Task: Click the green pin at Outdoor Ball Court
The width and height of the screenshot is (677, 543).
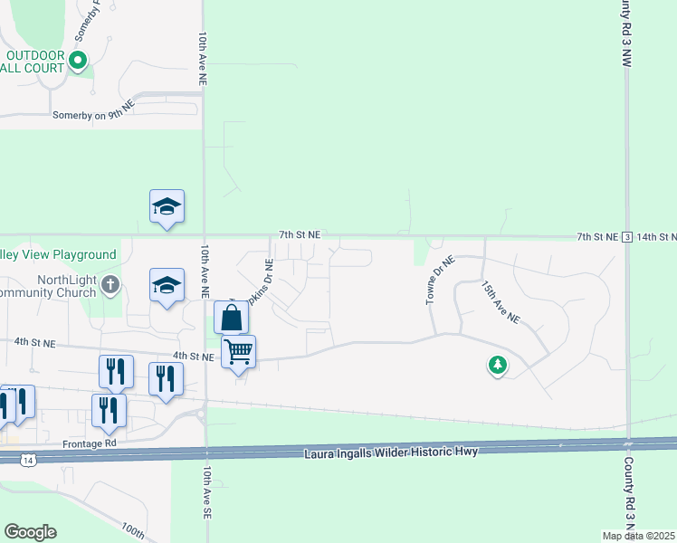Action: click(x=78, y=62)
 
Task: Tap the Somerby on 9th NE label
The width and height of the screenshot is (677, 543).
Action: click(x=93, y=116)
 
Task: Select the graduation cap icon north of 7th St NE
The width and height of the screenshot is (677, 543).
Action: click(x=167, y=207)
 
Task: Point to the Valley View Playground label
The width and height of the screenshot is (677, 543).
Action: click(x=58, y=255)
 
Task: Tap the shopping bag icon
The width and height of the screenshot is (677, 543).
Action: click(x=232, y=318)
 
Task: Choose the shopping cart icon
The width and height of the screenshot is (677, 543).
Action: click(x=239, y=350)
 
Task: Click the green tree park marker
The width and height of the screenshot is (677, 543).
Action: click(x=497, y=366)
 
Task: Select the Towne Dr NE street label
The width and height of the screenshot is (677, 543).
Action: click(x=440, y=280)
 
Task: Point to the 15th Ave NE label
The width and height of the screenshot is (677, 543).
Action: click(x=500, y=301)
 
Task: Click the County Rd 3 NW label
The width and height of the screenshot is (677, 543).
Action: click(x=625, y=33)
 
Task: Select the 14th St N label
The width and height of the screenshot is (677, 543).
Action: click(x=656, y=237)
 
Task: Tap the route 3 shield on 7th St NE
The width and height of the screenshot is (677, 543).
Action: click(x=626, y=237)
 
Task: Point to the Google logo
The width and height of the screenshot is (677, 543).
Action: click(x=30, y=532)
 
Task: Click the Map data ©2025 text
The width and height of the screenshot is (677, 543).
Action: click(x=639, y=536)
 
